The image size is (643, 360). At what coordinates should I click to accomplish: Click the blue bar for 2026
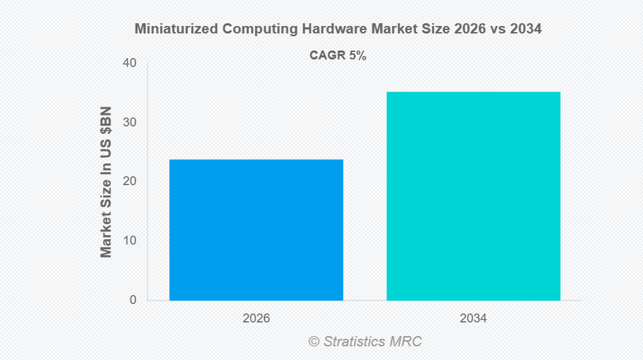click(x=256, y=230)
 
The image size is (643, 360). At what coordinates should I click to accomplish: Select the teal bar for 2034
click(x=474, y=196)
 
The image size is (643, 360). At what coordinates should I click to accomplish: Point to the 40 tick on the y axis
click(x=129, y=64)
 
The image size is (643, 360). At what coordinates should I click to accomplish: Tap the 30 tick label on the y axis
click(x=129, y=123)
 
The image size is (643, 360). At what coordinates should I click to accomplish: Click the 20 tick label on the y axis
click(x=129, y=182)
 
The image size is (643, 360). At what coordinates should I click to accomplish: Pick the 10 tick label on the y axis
click(x=129, y=241)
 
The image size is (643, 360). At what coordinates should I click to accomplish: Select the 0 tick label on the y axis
click(x=133, y=300)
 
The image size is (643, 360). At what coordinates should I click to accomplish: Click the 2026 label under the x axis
click(x=256, y=318)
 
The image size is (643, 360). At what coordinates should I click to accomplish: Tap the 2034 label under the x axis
click(x=474, y=318)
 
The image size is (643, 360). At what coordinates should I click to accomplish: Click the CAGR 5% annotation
click(x=338, y=56)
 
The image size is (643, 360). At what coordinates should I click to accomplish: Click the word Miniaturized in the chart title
click(x=174, y=29)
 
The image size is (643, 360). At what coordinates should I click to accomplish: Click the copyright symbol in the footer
click(x=314, y=341)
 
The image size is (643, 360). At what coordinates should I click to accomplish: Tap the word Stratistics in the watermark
click(x=357, y=341)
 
